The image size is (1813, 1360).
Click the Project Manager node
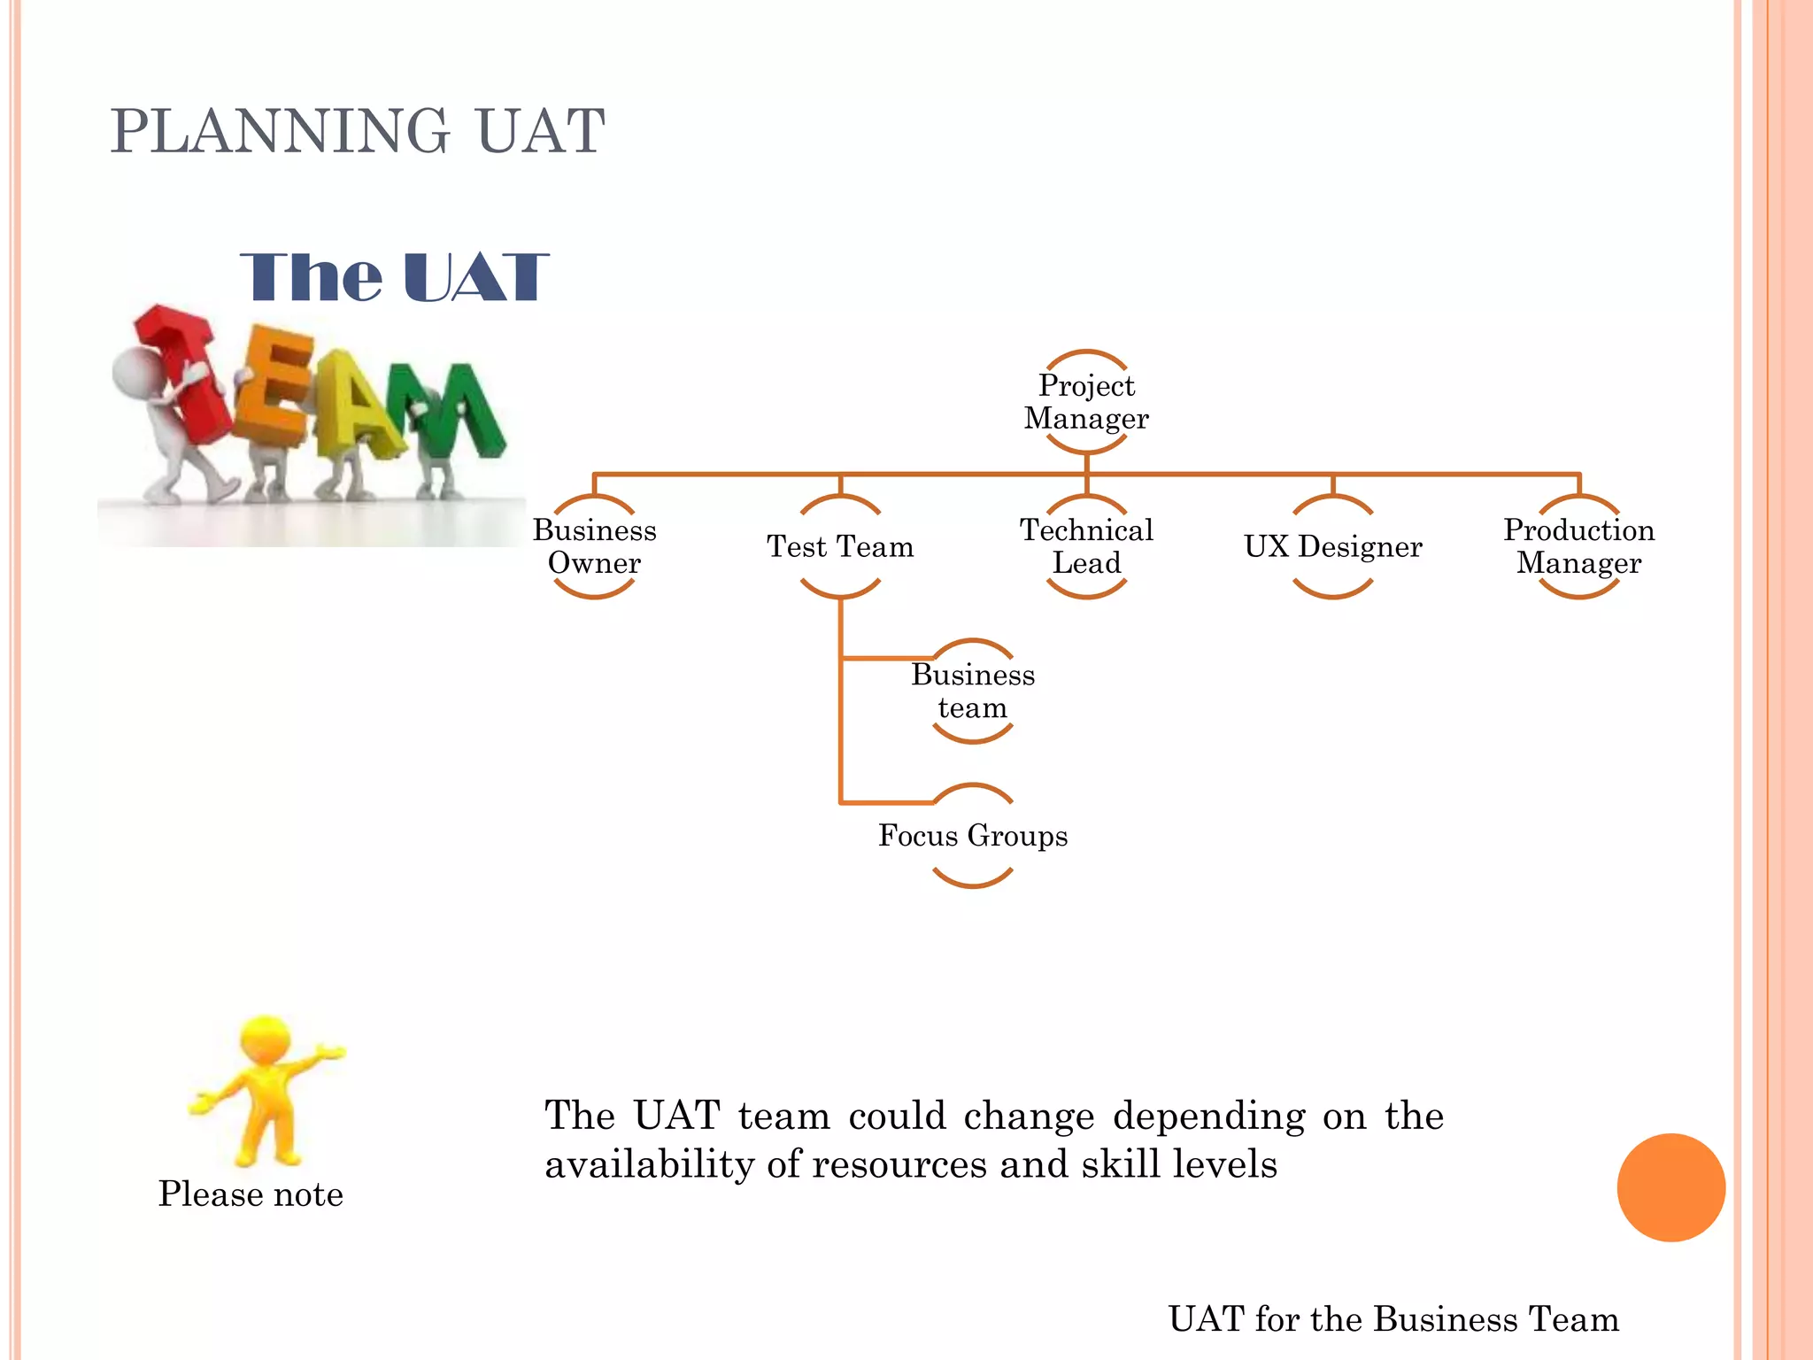click(x=1086, y=402)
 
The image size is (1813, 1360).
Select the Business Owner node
click(x=594, y=546)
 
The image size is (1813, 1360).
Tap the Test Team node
click(x=840, y=546)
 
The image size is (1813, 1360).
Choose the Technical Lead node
click(x=1086, y=546)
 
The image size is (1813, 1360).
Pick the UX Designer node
click(x=1332, y=546)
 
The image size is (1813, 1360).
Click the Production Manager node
click(x=1578, y=546)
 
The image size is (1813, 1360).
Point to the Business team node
click(x=973, y=691)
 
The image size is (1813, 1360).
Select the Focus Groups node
click(x=973, y=835)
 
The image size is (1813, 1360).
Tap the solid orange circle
click(x=1670, y=1187)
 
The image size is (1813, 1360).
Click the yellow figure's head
click(x=266, y=1039)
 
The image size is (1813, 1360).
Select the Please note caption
click(x=251, y=1194)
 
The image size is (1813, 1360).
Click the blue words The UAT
click(x=394, y=277)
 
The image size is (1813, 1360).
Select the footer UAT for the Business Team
click(x=1393, y=1318)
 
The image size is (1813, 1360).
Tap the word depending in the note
click(x=1208, y=1116)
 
